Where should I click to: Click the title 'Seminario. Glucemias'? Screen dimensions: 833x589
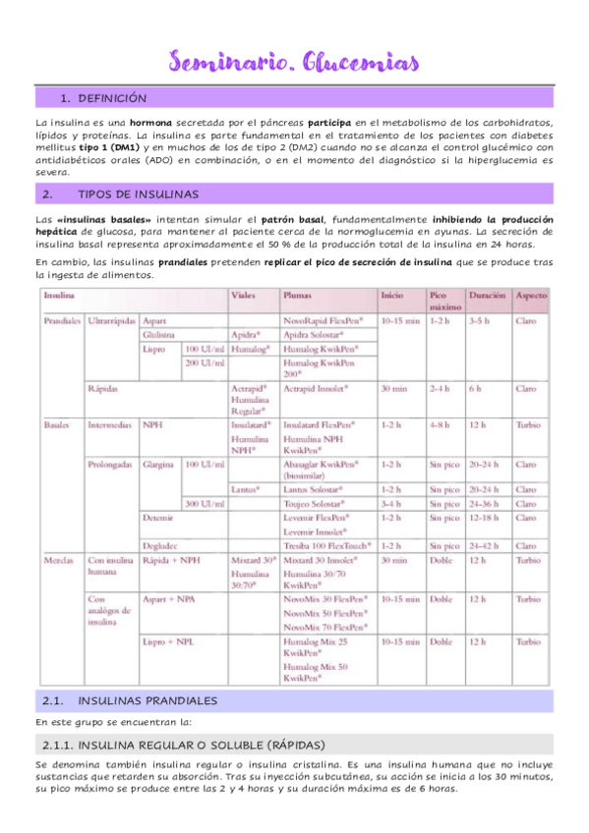point(294,63)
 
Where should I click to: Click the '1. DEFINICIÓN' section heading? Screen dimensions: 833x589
point(103,98)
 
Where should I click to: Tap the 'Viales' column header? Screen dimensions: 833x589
point(243,295)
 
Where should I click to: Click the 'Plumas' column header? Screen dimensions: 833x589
point(298,295)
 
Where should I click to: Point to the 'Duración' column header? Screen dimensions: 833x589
point(487,295)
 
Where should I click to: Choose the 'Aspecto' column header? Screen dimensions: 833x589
point(532,295)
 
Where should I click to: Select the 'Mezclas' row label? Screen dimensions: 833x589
point(57,559)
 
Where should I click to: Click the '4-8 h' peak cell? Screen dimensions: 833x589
point(441,425)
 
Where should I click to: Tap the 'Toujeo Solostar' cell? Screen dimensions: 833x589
point(315,503)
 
